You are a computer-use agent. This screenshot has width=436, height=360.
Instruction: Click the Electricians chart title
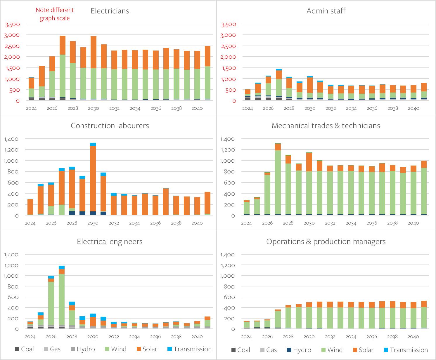pyautogui.click(x=110, y=11)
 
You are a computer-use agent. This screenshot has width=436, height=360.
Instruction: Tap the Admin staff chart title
pyautogui.click(x=326, y=11)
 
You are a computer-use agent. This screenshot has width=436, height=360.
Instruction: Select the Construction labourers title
pyautogui.click(x=110, y=126)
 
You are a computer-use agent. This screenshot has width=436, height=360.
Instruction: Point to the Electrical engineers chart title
pyautogui.click(x=110, y=242)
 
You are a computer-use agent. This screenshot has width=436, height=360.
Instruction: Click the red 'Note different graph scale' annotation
pyautogui.click(x=55, y=14)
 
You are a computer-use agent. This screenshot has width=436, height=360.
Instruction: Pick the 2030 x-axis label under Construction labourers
pyautogui.click(x=93, y=223)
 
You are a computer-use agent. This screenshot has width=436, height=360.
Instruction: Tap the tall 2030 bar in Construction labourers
pyautogui.click(x=93, y=181)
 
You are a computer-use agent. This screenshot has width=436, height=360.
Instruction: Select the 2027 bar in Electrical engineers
pyautogui.click(x=61, y=298)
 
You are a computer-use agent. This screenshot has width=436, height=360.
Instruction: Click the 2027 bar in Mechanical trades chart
pyautogui.click(x=278, y=181)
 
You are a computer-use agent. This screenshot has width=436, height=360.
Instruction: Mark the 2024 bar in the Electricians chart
pyautogui.click(x=31, y=89)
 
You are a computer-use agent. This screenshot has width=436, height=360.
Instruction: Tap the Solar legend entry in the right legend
pyautogui.click(x=363, y=350)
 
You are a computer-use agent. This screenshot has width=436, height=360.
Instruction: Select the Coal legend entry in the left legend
pyautogui.click(x=25, y=349)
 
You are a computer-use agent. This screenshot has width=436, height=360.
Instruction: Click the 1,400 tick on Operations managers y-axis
pyautogui.click(x=229, y=255)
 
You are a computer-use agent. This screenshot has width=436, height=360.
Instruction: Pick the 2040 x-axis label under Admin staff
pyautogui.click(x=413, y=109)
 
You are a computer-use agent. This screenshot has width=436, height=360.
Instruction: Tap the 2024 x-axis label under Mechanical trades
pyautogui.click(x=246, y=223)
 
